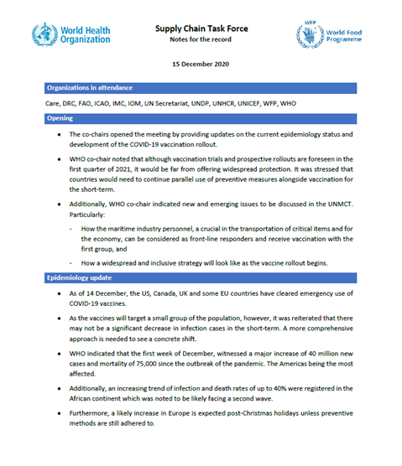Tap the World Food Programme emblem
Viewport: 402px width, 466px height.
click(x=309, y=35)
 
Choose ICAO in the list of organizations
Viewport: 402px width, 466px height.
click(x=104, y=103)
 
